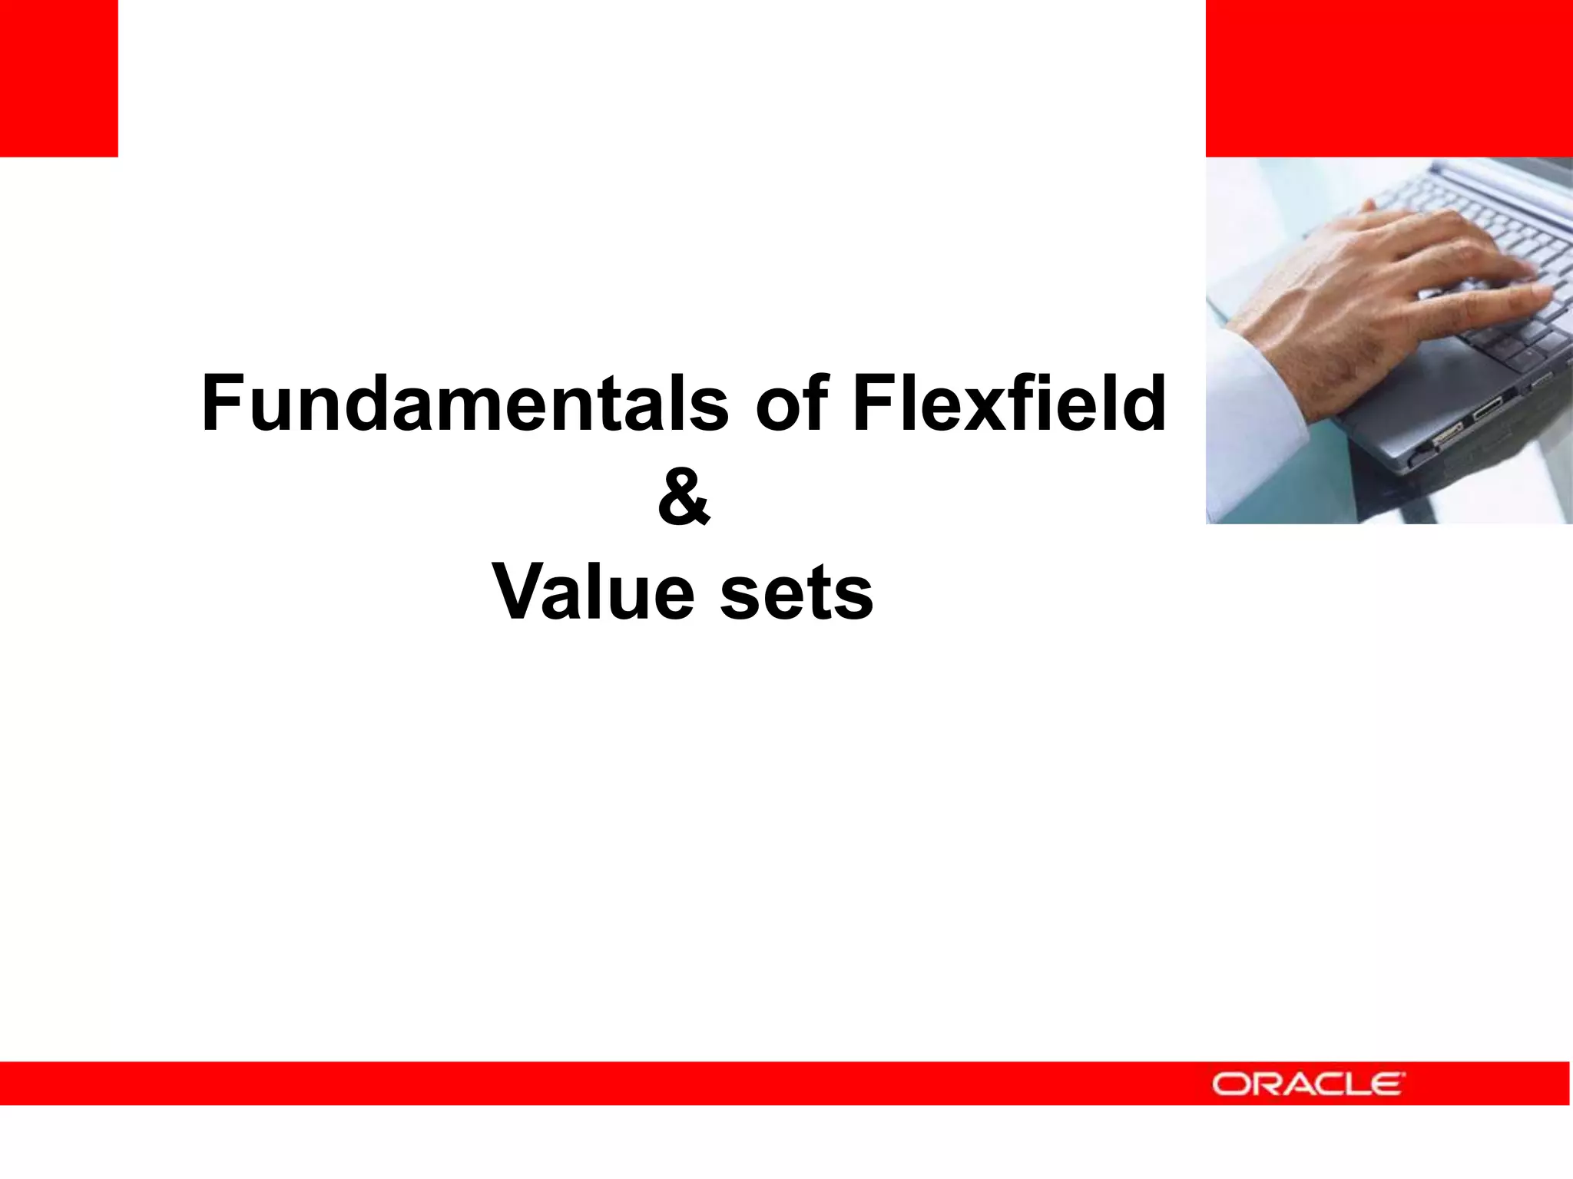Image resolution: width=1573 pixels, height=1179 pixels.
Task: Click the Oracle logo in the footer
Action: tap(1308, 1084)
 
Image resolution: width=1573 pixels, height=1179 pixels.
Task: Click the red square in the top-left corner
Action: tap(58, 78)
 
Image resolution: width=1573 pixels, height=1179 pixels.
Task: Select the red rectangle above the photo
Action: tap(1389, 78)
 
